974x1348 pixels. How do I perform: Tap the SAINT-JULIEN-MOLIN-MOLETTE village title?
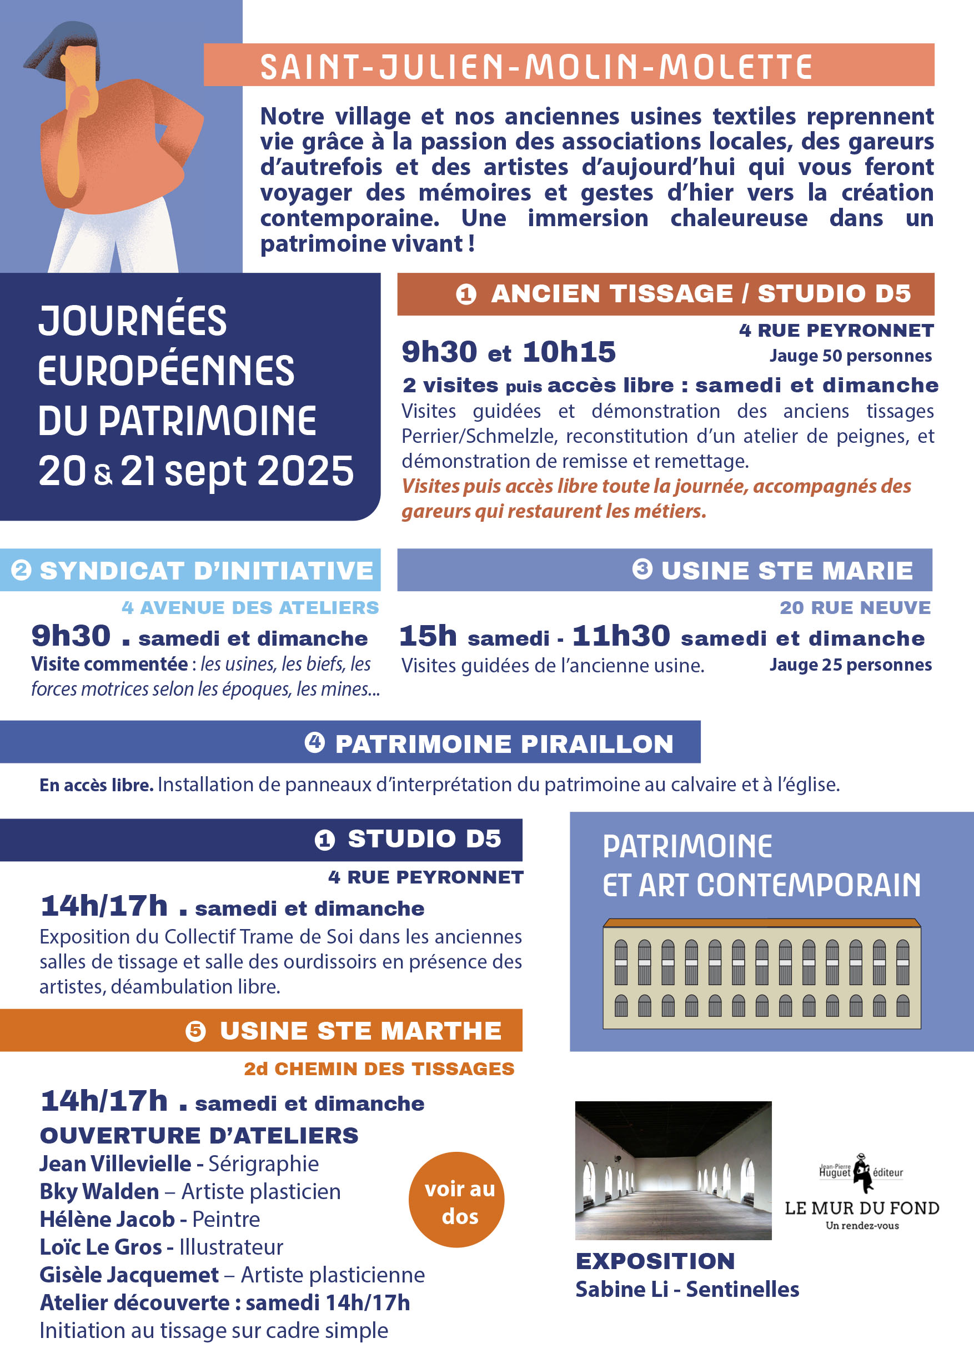[536, 66]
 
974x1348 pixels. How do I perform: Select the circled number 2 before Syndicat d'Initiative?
[22, 570]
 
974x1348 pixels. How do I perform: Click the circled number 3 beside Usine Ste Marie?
[642, 569]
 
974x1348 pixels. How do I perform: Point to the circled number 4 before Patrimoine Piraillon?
[315, 742]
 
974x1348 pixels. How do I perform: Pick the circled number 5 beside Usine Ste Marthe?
[195, 1031]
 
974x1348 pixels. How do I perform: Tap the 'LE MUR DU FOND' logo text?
[862, 1208]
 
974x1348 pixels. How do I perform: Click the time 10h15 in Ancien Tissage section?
[569, 352]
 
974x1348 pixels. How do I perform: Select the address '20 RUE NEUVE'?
[855, 607]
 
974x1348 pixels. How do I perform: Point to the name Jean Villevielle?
[115, 1163]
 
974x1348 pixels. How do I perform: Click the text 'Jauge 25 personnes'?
[851, 665]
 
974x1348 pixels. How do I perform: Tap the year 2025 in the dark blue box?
[306, 471]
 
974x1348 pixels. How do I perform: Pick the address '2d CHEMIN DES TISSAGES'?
[379, 1069]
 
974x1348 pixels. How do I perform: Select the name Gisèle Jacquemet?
[129, 1274]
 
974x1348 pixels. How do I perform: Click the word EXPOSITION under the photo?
[655, 1261]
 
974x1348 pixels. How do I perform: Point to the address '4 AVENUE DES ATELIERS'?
[250, 607]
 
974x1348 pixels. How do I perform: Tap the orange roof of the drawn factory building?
[761, 923]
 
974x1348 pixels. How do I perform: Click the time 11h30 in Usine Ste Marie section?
[621, 636]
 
